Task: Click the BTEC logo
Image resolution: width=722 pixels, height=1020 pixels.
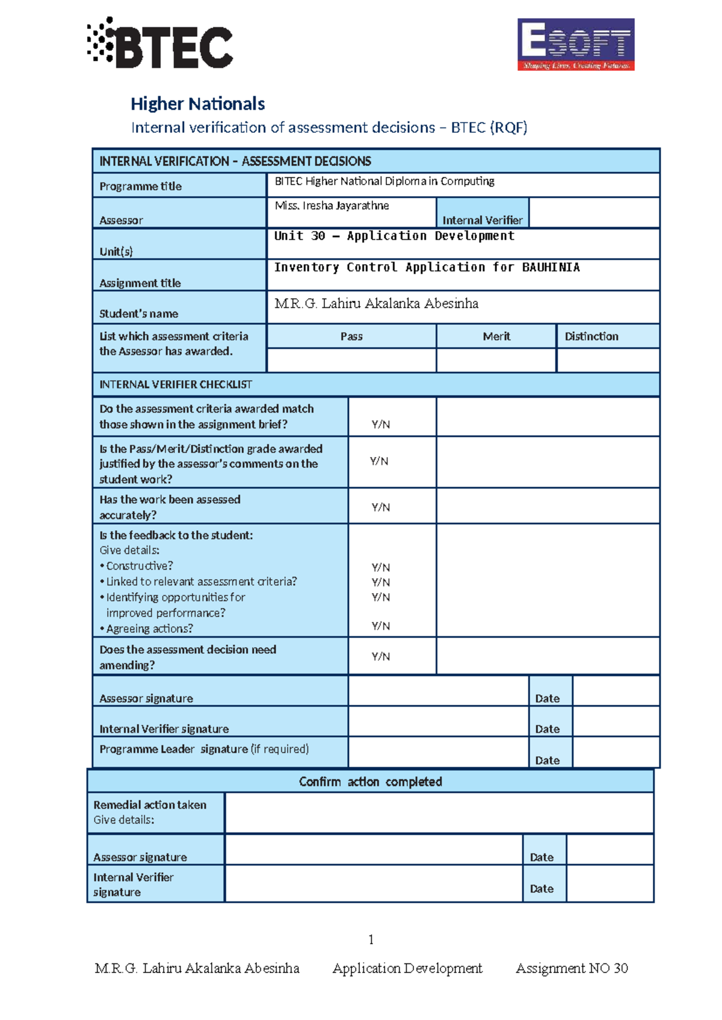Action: [160, 43]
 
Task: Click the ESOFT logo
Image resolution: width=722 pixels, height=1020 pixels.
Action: [576, 45]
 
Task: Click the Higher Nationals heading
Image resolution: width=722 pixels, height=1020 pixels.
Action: [197, 104]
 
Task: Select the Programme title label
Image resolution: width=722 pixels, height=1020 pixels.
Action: [140, 186]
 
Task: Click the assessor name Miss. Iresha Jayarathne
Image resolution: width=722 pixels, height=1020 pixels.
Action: [332, 206]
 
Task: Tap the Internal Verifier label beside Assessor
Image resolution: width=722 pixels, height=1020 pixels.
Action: [482, 220]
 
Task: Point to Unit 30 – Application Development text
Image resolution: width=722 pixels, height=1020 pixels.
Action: [394, 236]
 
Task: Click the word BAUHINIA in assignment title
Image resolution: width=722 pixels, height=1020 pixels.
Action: [551, 267]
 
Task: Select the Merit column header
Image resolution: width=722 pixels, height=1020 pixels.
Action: [496, 336]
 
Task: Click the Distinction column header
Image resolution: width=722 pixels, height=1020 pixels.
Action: [591, 336]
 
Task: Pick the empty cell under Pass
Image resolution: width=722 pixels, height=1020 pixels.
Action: [351, 360]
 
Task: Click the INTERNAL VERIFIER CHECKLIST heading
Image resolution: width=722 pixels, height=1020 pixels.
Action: [175, 384]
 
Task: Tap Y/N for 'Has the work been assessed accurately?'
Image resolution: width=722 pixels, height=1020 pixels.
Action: [380, 507]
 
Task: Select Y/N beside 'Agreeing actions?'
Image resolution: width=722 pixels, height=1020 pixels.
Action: [380, 626]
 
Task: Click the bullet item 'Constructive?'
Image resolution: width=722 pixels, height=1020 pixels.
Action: [139, 566]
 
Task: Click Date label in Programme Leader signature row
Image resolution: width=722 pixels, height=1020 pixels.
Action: [547, 760]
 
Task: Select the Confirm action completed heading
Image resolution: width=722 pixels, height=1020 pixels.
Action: [370, 781]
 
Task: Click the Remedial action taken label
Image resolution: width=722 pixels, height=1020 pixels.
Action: [150, 805]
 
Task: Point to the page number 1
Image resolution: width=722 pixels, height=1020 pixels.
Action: [371, 939]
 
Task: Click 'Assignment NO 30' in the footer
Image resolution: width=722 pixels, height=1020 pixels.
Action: [572, 968]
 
